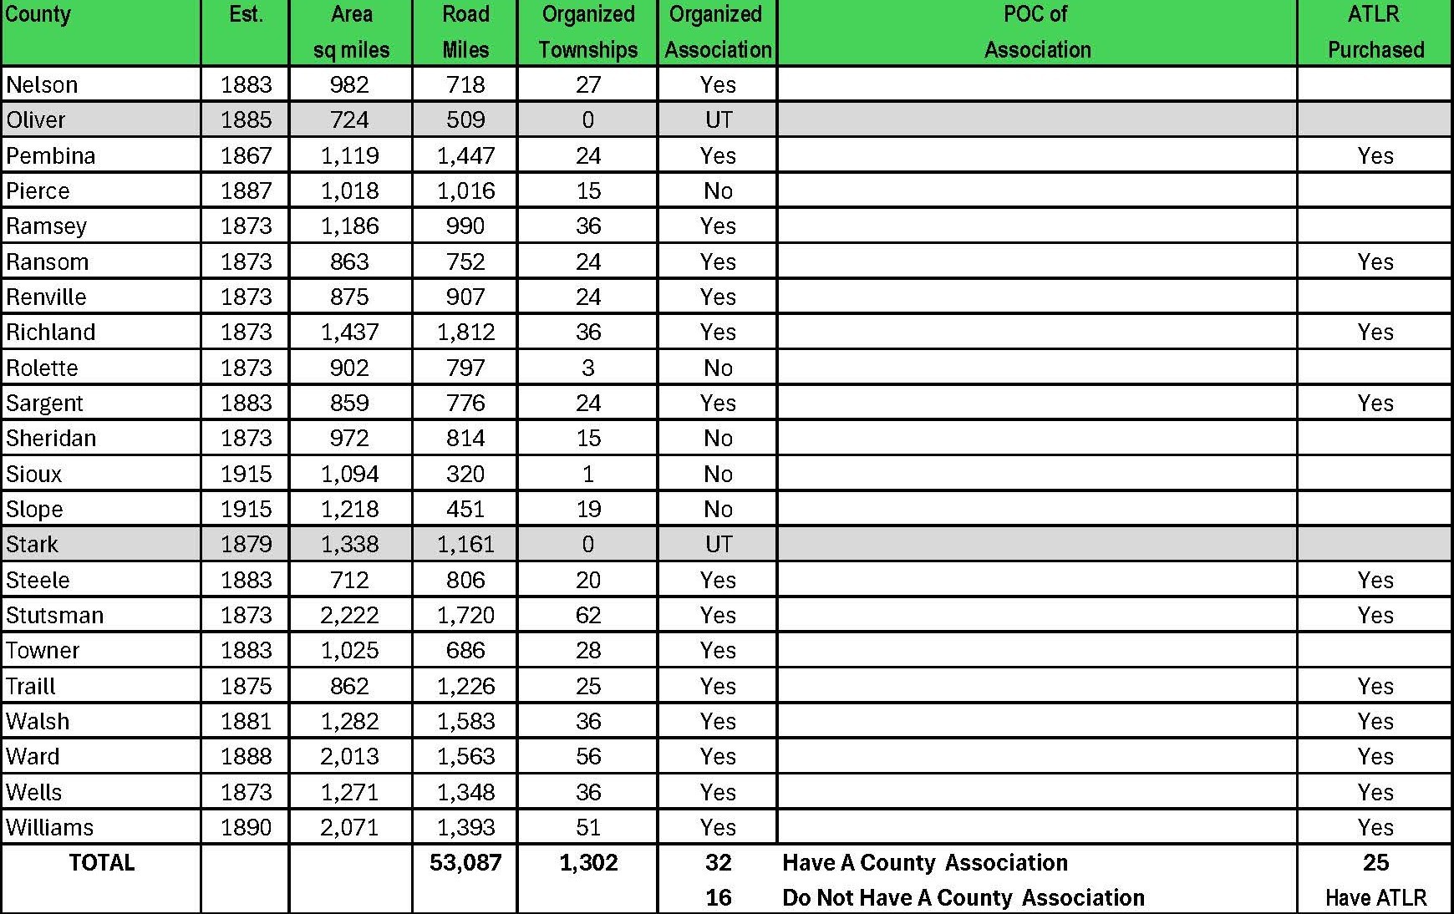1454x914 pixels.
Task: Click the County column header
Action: click(38, 15)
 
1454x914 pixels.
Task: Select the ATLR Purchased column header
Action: click(1375, 32)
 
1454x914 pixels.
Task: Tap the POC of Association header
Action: click(1037, 32)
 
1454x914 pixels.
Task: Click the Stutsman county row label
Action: click(55, 615)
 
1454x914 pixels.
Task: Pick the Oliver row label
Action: click(36, 120)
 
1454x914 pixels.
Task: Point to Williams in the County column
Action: click(50, 827)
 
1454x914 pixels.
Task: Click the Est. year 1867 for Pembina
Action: click(246, 155)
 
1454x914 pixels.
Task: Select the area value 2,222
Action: click(349, 615)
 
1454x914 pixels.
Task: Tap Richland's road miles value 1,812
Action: click(465, 332)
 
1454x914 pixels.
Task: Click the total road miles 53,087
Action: click(465, 862)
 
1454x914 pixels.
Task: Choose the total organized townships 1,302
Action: click(588, 862)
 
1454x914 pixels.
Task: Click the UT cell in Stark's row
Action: click(718, 544)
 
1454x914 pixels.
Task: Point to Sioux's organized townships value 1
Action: click(588, 474)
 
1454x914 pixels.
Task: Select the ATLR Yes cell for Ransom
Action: click(1375, 262)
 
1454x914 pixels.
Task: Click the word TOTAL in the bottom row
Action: click(102, 862)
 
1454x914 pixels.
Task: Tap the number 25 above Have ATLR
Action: click(1375, 862)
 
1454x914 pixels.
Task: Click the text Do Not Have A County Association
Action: click(963, 897)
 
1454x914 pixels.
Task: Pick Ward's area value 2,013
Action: click(349, 756)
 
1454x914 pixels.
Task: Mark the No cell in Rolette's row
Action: click(718, 368)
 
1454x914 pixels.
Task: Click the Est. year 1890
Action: click(246, 827)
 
